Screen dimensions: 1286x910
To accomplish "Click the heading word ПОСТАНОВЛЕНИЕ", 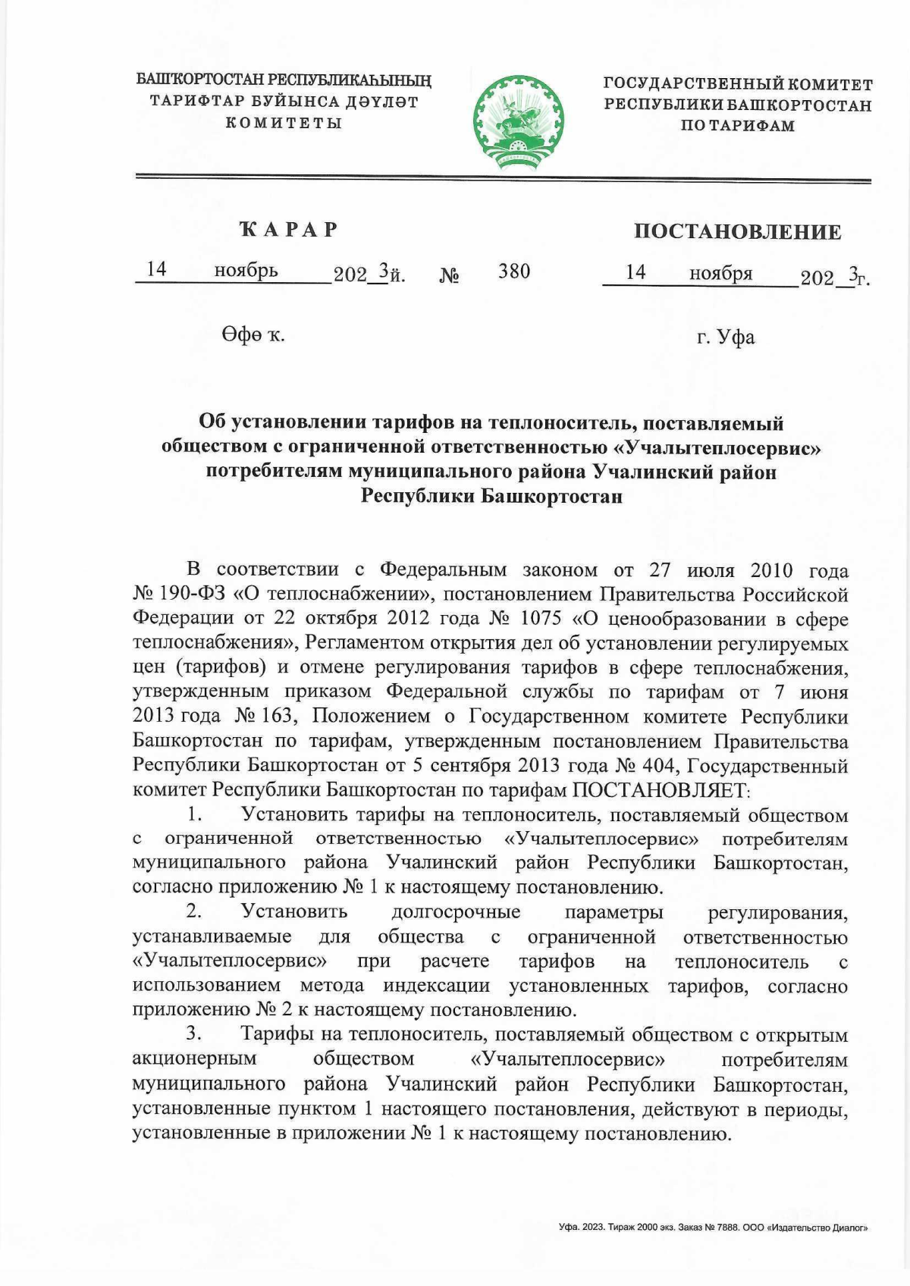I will (x=737, y=232).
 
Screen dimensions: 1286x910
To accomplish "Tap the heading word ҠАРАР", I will (x=289, y=229).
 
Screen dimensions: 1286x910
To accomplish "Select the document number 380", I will (x=513, y=271).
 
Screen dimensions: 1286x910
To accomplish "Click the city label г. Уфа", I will (x=726, y=337).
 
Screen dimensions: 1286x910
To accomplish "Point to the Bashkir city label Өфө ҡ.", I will (x=253, y=334).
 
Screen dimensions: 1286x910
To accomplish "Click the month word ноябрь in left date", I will (x=246, y=270).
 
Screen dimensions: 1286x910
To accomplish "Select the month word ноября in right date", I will (x=720, y=273).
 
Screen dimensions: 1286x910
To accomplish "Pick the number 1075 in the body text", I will (x=541, y=618).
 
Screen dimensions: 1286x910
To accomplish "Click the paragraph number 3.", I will (x=194, y=1034).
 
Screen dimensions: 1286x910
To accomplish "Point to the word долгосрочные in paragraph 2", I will (x=456, y=912).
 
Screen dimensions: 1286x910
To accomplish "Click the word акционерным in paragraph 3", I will (x=194, y=1059).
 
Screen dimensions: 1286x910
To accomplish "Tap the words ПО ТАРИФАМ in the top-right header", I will (x=737, y=126).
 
